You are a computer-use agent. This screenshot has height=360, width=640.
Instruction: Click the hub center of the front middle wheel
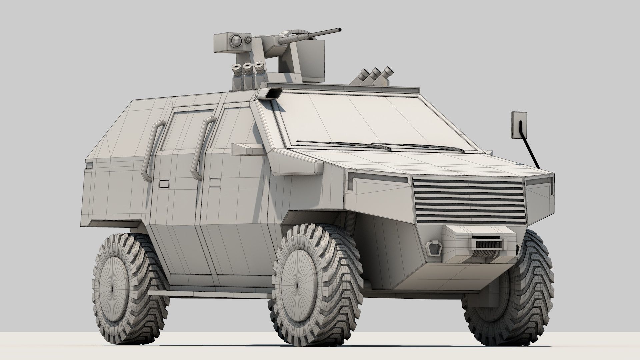(x=297, y=286)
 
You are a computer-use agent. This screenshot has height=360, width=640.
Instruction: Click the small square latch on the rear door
(x=164, y=184)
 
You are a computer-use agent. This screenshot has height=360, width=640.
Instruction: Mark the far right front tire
(x=520, y=287)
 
